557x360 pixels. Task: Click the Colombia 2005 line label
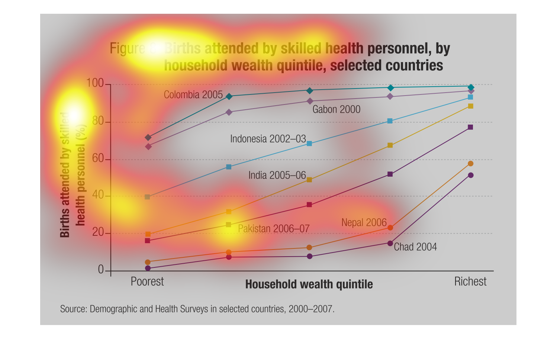[193, 95]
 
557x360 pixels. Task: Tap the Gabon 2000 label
[336, 109]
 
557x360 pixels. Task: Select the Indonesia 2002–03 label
[268, 139]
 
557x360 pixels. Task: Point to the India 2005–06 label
[277, 175]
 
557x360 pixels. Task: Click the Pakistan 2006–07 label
[274, 229]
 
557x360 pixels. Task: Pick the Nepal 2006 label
[364, 222]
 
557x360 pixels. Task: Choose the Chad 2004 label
[415, 247]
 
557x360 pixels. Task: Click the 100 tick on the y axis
[95, 83]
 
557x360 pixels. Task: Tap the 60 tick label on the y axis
[98, 158]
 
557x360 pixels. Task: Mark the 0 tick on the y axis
[101, 270]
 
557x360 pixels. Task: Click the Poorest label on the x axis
[147, 282]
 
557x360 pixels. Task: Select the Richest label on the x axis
[470, 282]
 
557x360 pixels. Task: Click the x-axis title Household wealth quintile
[309, 285]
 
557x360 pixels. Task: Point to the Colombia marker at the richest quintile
[471, 87]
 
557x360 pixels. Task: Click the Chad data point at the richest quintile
[471, 175]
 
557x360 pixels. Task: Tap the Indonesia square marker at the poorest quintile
[147, 197]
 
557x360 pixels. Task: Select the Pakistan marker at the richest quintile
[470, 127]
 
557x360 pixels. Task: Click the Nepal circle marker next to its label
[390, 228]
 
